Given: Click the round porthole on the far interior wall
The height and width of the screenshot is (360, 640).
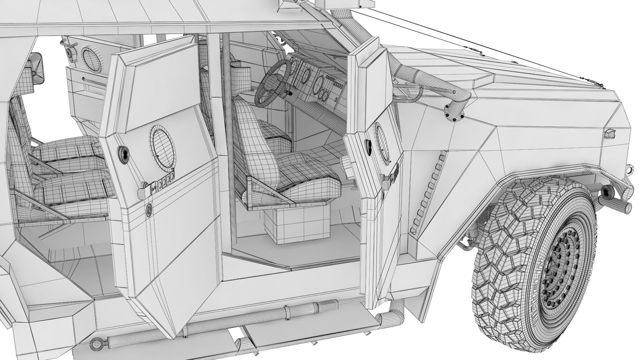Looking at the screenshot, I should tap(91, 60).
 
